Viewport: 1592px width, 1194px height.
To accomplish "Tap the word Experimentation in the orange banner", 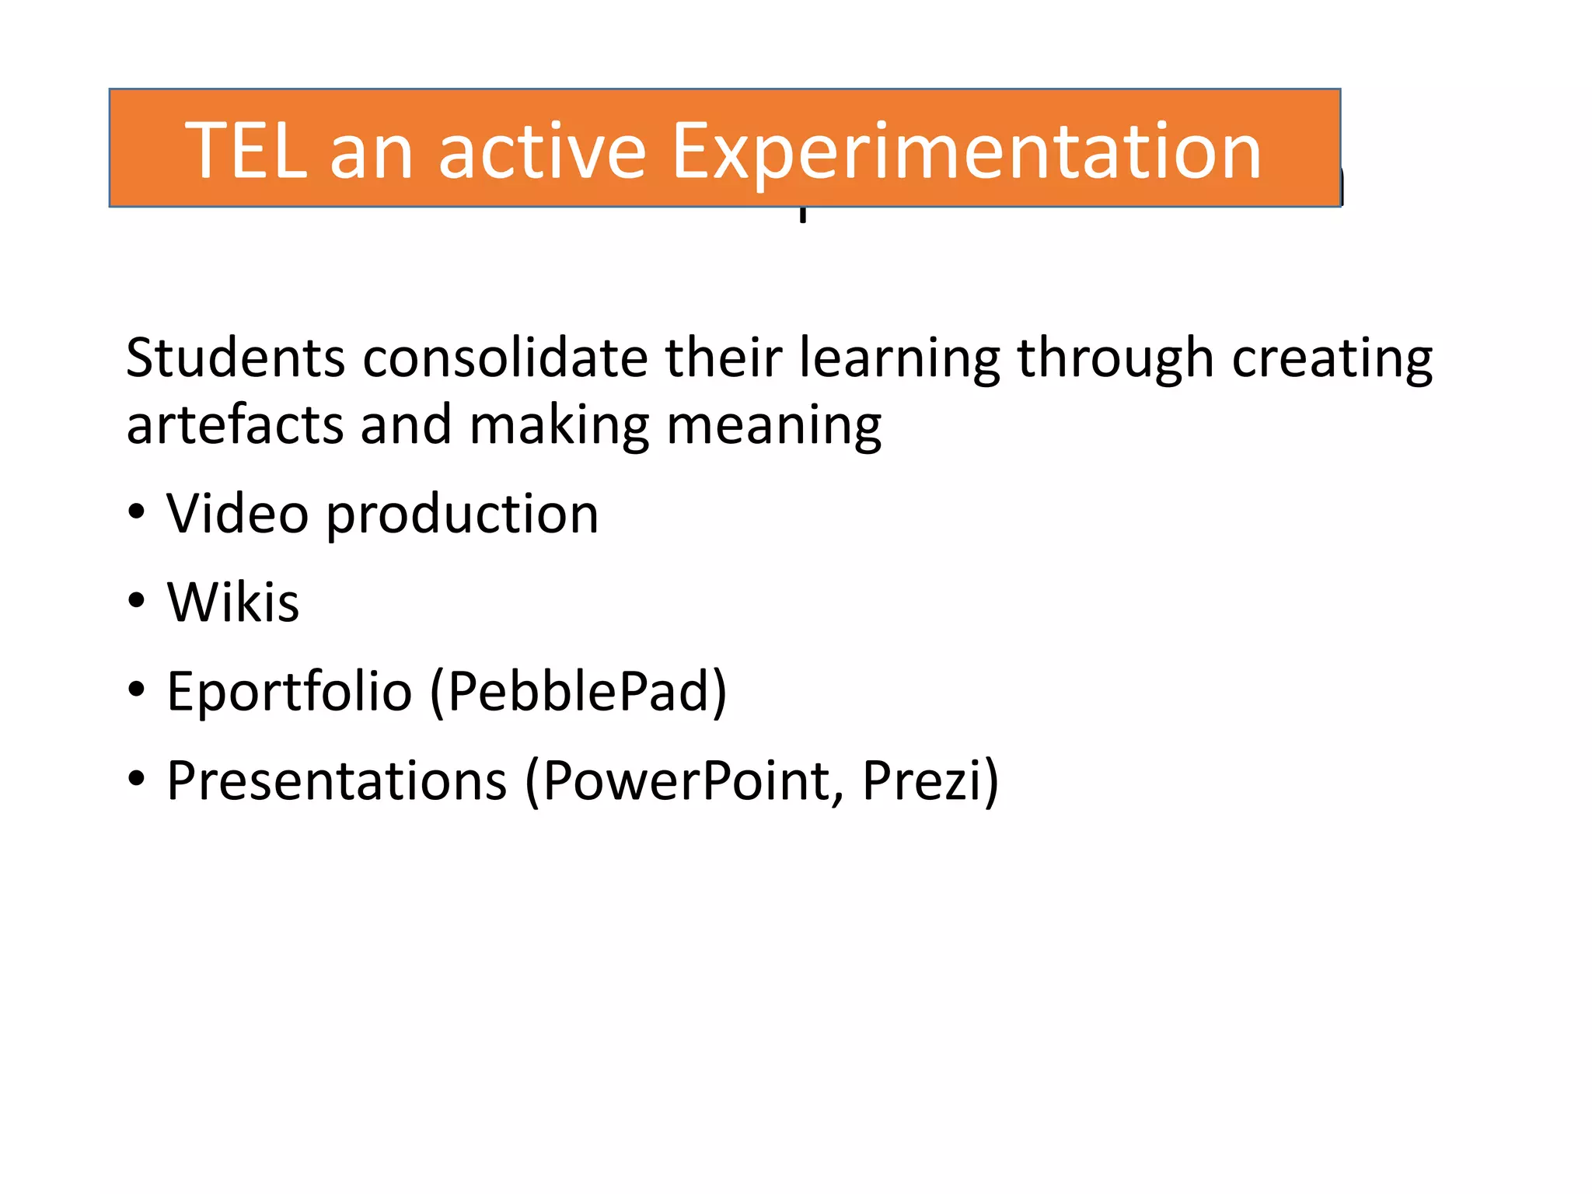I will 965,152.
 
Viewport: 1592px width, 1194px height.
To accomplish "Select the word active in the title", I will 542,152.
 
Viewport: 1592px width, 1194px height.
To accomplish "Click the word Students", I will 235,358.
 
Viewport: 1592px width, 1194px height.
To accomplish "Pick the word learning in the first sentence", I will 899,358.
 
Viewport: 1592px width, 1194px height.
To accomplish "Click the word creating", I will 1332,358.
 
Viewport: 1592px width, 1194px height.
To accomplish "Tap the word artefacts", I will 235,426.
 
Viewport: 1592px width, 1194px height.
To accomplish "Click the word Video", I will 237,514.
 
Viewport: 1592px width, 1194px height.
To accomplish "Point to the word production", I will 462,515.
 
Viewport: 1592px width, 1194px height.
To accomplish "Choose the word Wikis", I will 232,602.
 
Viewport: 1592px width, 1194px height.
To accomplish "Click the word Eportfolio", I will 289,691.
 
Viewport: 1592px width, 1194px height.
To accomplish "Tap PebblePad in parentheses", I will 578,691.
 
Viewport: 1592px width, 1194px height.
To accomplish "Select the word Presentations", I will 337,780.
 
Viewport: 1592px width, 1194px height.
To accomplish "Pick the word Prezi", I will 923,780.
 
